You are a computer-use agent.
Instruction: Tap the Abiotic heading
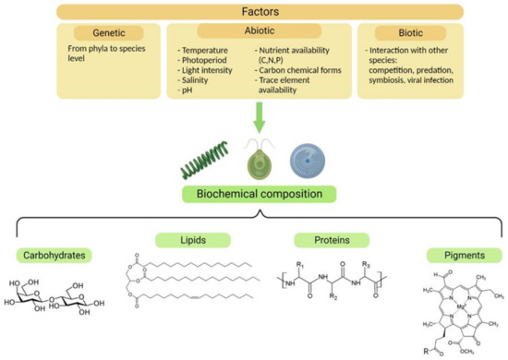tap(253, 31)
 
